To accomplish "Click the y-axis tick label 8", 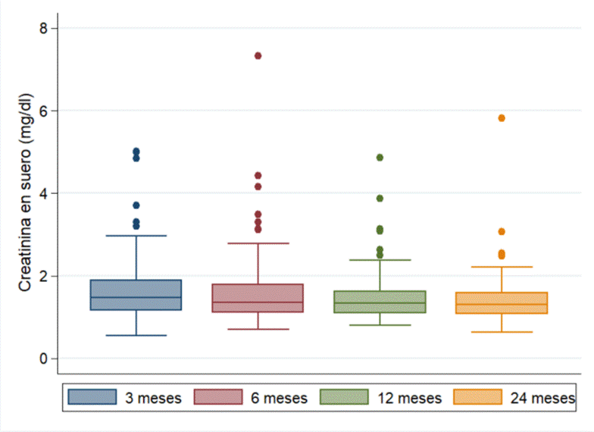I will click(43, 28).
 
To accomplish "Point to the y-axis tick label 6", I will click(43, 111).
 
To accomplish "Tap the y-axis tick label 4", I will click(43, 193).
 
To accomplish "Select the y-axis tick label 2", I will click(43, 276).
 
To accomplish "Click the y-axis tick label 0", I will click(43, 358).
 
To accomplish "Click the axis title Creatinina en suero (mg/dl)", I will click(24, 193).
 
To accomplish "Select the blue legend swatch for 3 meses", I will click(92, 397).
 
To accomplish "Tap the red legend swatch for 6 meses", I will click(218, 397).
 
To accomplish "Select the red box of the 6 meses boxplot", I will click(258, 298).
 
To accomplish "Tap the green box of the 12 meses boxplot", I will click(380, 302).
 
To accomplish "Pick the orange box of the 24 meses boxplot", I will click(502, 302).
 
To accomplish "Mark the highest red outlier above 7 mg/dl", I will click(258, 55).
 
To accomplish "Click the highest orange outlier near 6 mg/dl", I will click(502, 118).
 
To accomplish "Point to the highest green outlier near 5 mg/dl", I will click(380, 158).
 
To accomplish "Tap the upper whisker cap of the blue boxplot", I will click(136, 236).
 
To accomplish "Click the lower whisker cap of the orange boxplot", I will click(502, 332).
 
